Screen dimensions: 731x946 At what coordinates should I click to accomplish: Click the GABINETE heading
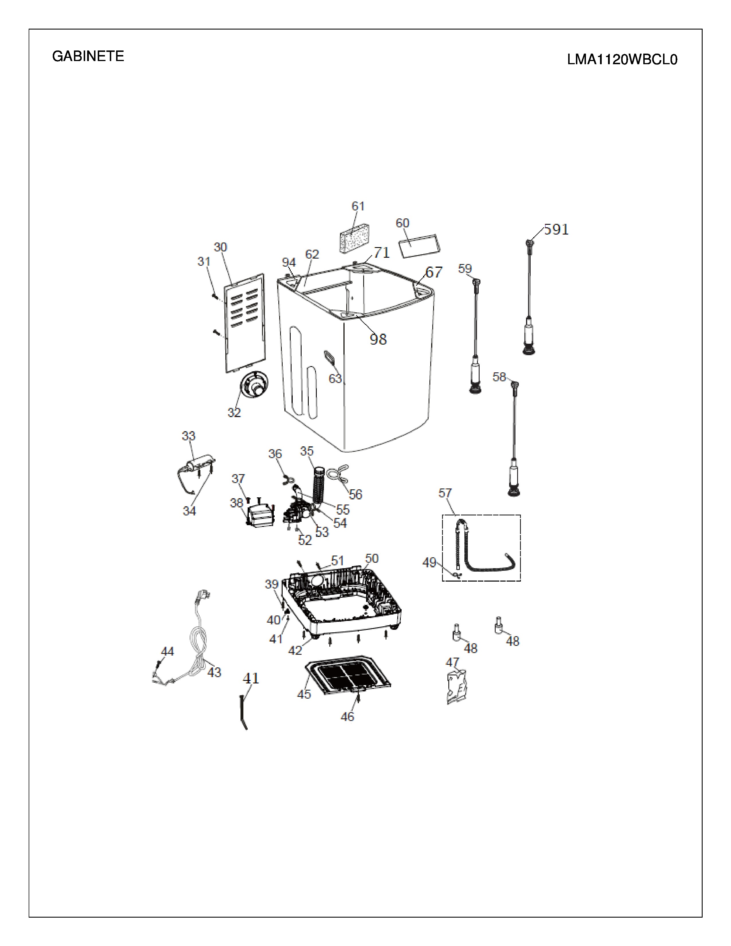click(88, 56)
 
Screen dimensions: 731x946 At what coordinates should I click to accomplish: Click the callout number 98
click(378, 339)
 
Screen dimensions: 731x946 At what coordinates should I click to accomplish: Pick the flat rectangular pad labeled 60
click(419, 246)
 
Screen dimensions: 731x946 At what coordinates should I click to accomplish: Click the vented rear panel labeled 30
click(245, 323)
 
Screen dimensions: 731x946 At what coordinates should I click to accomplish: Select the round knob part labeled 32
click(254, 384)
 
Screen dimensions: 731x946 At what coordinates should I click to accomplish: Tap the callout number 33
click(188, 436)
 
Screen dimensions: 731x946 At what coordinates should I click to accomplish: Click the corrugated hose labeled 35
click(320, 485)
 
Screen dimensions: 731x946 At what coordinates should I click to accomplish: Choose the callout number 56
click(355, 494)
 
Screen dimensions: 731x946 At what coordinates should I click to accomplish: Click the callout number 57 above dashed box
click(445, 493)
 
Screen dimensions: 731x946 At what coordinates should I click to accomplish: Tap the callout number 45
click(304, 694)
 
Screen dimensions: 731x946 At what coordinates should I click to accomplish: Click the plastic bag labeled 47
click(457, 686)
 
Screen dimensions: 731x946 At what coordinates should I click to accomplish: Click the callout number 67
click(434, 272)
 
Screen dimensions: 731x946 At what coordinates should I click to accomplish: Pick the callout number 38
click(236, 503)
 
